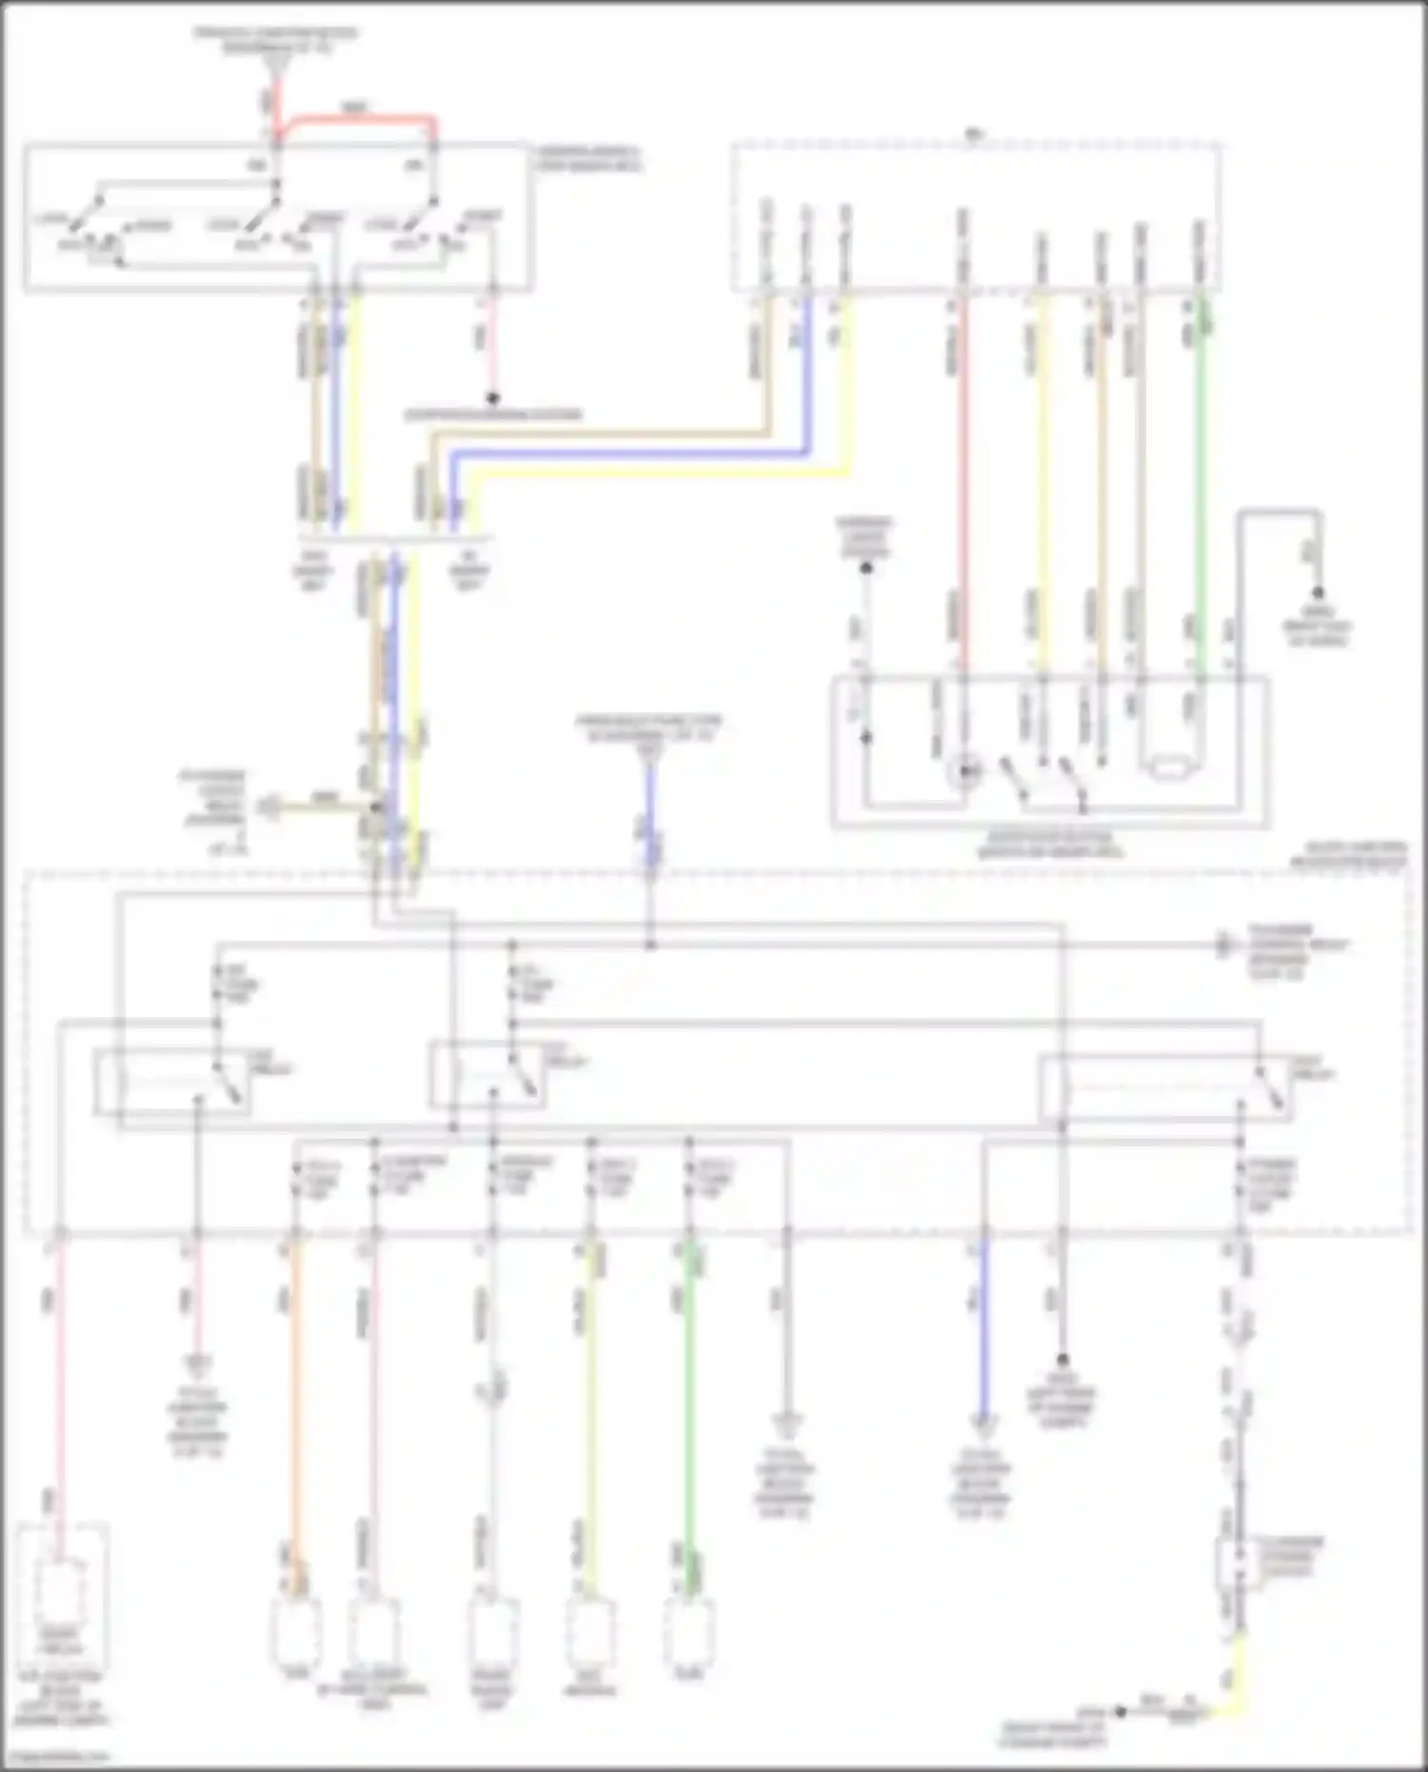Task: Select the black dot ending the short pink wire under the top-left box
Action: pos(492,398)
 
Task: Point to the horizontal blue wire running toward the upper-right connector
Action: pos(628,452)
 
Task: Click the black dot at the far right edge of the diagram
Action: pos(1319,593)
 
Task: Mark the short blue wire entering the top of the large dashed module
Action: pos(651,819)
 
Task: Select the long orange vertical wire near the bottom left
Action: pos(295,1409)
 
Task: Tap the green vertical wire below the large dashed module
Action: pos(690,1409)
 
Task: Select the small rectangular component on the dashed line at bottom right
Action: pos(1239,1562)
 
